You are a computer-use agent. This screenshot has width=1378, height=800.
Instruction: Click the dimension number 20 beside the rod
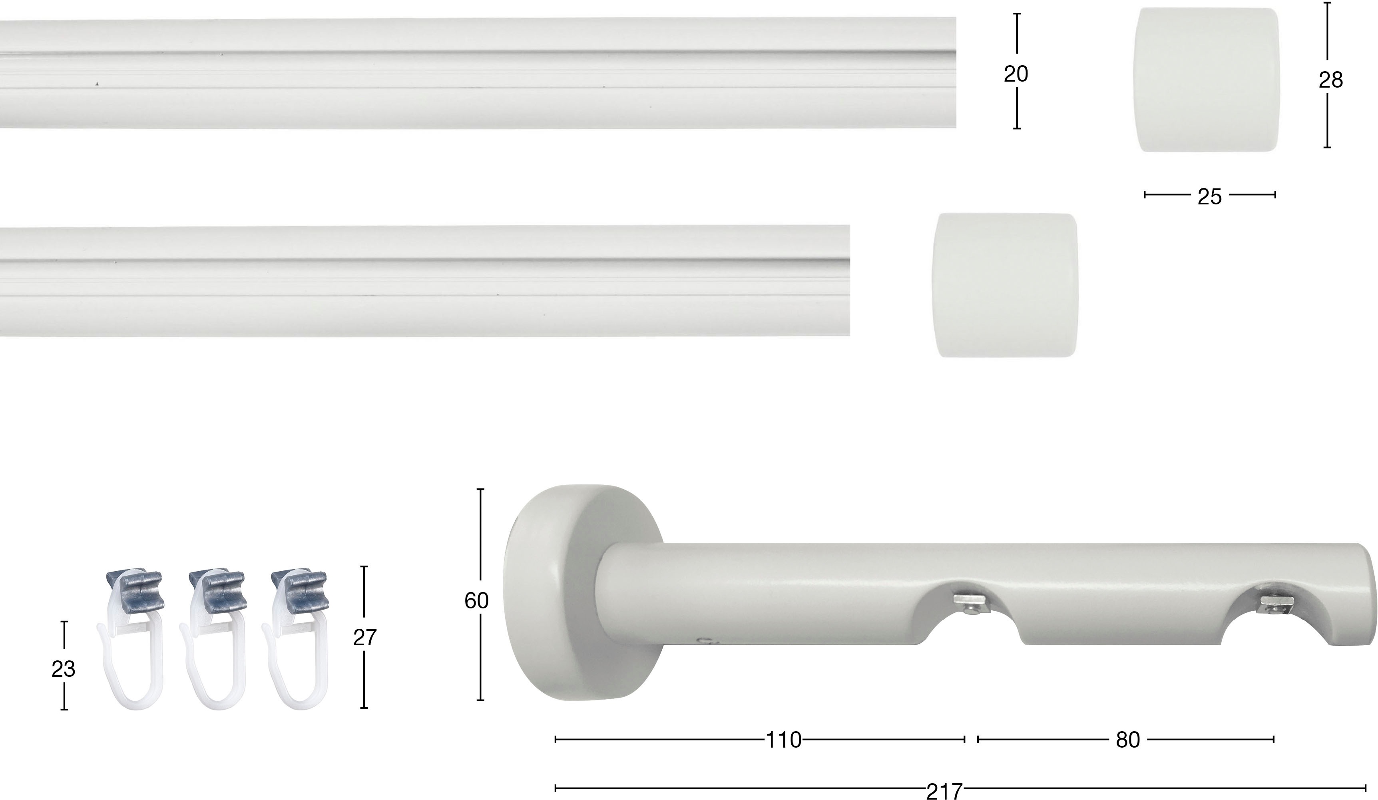coord(1016,74)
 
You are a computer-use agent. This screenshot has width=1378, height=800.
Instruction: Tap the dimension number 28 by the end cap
coord(1330,80)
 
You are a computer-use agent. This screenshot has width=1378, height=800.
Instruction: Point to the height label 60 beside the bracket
coord(476,601)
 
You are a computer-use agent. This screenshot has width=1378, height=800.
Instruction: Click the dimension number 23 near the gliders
coord(64,669)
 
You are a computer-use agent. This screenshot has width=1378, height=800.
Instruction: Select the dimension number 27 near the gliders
coord(365,638)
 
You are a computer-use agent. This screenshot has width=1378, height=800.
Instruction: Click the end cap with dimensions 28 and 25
coord(1210,80)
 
